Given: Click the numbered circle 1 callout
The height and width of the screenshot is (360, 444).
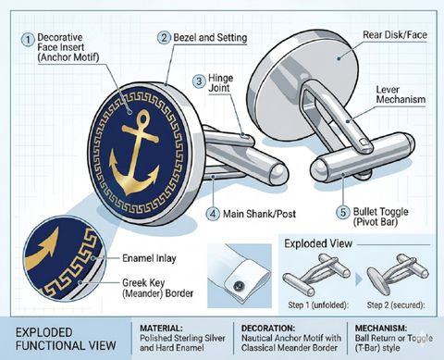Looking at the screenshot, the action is pos(28,40).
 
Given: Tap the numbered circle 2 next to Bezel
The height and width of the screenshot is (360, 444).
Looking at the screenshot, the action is pos(164,38).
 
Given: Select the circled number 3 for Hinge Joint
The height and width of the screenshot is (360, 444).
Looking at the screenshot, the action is pos(199,81).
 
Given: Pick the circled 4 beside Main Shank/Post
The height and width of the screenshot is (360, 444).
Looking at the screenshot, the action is pos(213,214).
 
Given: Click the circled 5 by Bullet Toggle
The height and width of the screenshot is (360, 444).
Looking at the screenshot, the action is pos(343,213).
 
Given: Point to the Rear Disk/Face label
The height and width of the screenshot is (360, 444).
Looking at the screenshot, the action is pos(395,35).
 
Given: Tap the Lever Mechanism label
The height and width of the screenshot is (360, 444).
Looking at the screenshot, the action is pos(401,94).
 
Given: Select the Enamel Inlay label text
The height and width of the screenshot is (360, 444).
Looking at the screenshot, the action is pos(149,258).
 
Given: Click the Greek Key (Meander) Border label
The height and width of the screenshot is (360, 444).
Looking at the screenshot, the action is pos(157,288).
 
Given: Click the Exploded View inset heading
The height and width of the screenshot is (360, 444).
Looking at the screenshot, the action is pos(318,243).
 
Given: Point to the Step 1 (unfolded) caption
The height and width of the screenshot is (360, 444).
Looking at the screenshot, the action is pos(318,305).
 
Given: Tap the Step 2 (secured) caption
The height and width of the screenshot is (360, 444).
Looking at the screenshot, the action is pos(396,305).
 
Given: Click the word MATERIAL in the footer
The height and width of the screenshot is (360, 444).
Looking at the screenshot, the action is pos(161,328).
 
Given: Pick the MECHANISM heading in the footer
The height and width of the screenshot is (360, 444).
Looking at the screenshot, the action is pos(381,328).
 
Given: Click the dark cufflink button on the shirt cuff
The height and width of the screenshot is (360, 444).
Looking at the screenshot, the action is pos(239,286).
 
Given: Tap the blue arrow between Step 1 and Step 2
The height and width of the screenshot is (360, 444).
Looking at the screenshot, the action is pos(358,279).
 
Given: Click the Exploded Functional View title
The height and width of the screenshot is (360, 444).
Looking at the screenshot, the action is pos(66,339).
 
